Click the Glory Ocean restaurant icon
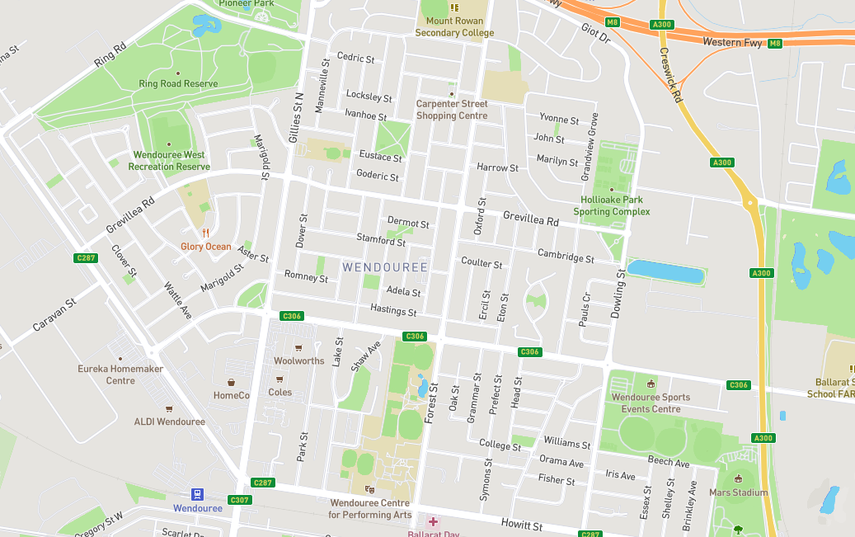point(205,233)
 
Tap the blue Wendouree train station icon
point(197,494)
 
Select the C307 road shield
point(240,500)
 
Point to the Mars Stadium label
point(738,492)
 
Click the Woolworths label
point(298,360)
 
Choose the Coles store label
point(280,392)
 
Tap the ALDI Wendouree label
point(169,422)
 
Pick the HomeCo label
point(231,395)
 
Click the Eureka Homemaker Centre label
point(120,374)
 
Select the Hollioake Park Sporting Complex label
point(611,205)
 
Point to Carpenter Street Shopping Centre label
point(451,110)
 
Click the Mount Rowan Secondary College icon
point(453,7)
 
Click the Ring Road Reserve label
point(178,84)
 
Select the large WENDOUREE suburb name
point(385,267)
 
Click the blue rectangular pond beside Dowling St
point(666,271)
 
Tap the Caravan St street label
point(54,315)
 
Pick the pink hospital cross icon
point(433,521)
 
